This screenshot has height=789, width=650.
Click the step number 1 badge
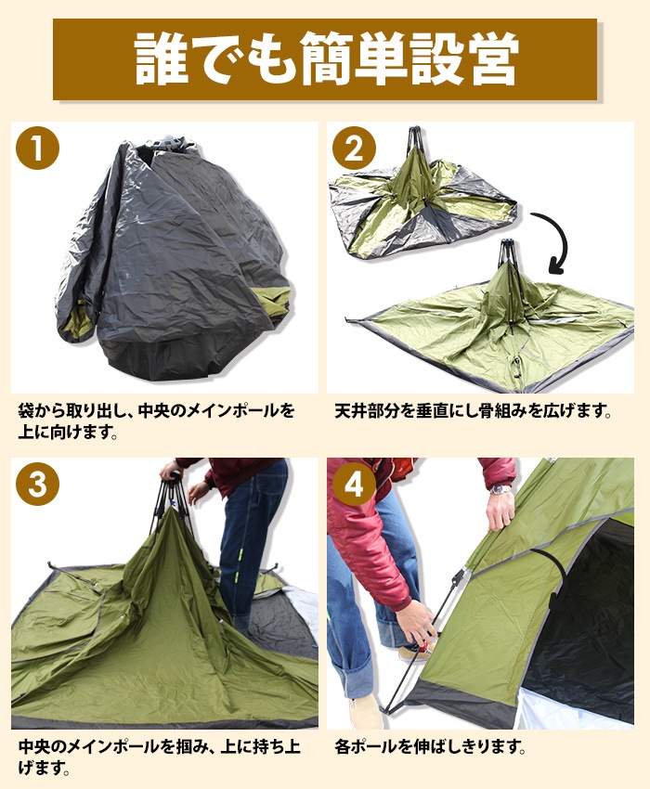pos(37,149)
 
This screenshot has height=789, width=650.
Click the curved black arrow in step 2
pos(555,243)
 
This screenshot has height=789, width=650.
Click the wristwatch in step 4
pos(502,489)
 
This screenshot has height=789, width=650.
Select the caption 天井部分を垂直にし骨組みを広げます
pos(474,410)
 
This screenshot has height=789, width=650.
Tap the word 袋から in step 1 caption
pos(42,410)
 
